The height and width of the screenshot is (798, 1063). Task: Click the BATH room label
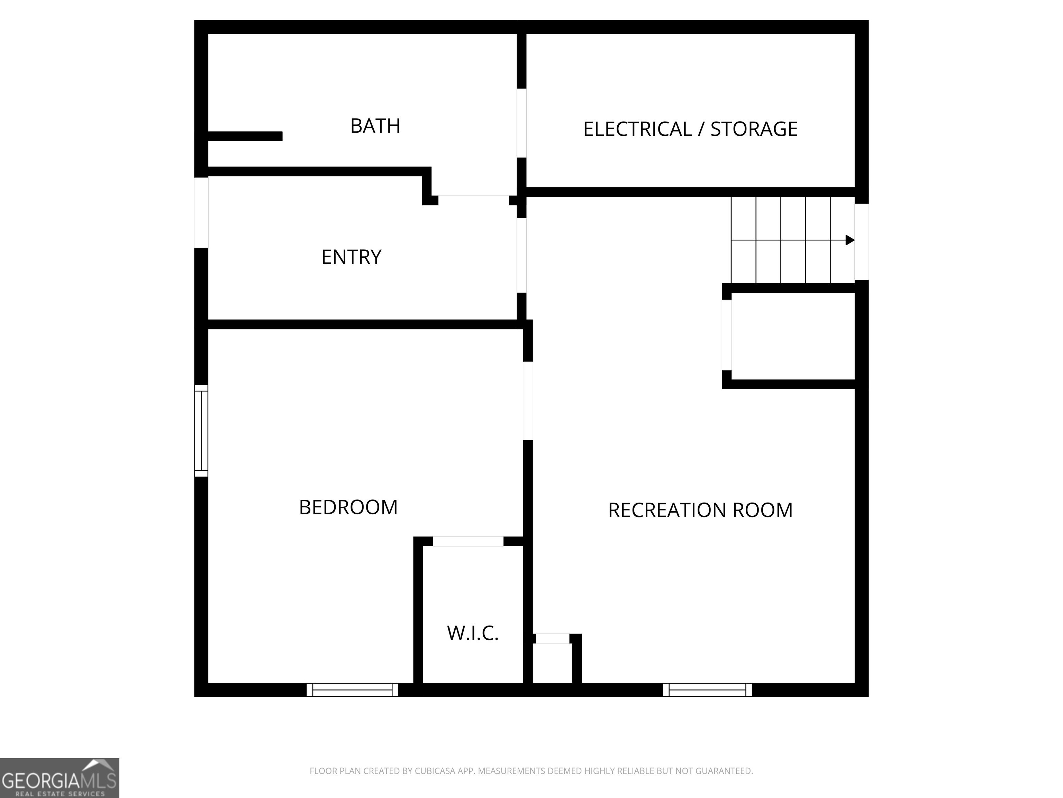tap(375, 126)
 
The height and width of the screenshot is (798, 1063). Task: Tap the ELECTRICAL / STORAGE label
tap(690, 129)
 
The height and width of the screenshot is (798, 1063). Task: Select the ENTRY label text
tap(351, 257)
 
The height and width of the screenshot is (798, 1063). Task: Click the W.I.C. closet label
tap(472, 633)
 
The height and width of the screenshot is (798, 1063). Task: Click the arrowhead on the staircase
tap(850, 240)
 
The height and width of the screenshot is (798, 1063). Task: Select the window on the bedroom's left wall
tap(201, 431)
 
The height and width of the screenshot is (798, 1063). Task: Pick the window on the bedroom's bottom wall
tap(352, 690)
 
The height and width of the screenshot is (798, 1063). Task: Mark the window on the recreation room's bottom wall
tap(707, 690)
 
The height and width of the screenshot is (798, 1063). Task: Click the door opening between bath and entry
tap(473, 196)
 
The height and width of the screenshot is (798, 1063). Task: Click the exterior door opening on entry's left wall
tap(201, 213)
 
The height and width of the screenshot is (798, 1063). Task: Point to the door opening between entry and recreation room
tap(521, 255)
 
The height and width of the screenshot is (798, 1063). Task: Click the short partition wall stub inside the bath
tap(245, 136)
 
